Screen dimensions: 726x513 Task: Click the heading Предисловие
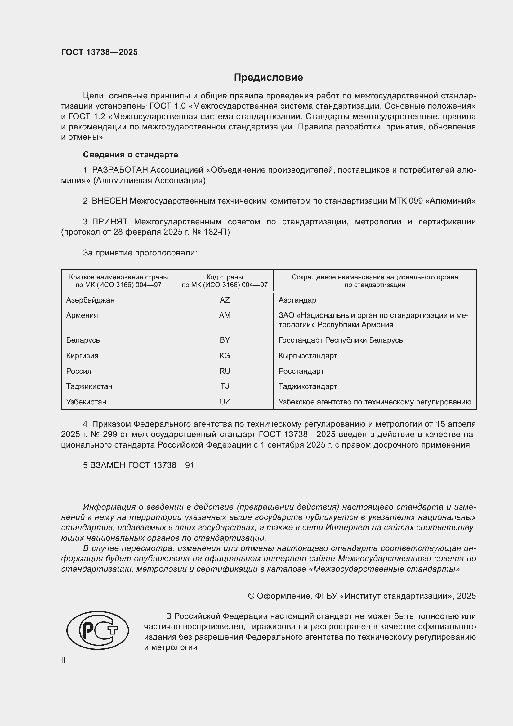[268, 78]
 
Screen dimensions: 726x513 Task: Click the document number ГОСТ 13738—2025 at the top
[100, 52]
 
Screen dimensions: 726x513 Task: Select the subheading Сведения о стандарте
[131, 155]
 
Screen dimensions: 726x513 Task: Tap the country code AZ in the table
[225, 300]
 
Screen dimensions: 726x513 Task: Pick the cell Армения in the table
[82, 315]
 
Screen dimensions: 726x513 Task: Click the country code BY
[225, 340]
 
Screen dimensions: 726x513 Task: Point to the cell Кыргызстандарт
[308, 355]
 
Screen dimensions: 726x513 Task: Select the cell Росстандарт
[301, 371]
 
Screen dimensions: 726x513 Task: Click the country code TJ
[225, 386]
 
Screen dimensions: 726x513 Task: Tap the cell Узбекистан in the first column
[86, 402]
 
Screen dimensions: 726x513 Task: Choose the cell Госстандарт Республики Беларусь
[341, 340]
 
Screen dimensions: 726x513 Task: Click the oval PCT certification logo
[98, 630]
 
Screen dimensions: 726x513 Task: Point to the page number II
[63, 660]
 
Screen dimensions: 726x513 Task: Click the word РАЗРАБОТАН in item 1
[120, 170]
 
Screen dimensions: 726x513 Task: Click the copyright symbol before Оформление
[251, 596]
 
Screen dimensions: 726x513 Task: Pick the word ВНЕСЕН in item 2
[109, 201]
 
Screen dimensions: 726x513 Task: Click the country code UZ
[225, 402]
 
